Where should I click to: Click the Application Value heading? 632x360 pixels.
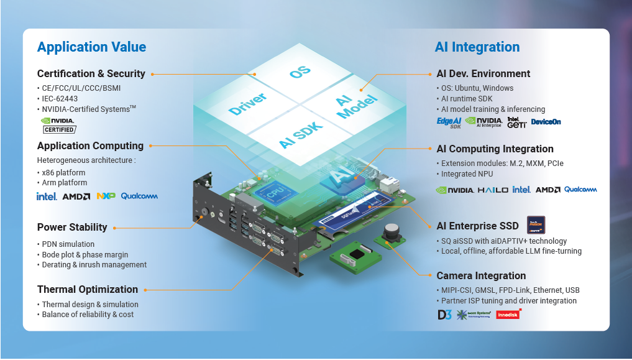click(91, 47)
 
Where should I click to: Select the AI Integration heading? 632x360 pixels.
click(477, 47)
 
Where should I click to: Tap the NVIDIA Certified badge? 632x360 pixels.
click(58, 125)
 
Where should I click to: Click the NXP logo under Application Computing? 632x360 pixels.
click(106, 196)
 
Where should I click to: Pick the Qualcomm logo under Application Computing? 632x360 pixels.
click(139, 196)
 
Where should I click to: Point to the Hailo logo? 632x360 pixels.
click(493, 190)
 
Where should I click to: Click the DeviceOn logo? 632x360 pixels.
click(546, 122)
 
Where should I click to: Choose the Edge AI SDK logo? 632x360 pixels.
click(449, 122)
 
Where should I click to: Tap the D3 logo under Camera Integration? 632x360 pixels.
click(444, 315)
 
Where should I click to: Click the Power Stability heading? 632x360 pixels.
click(72, 227)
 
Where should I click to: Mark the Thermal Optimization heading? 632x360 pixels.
click(88, 289)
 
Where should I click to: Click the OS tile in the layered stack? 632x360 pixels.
click(301, 72)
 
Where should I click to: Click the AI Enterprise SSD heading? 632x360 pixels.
click(477, 226)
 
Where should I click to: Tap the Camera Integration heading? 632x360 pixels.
click(481, 275)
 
